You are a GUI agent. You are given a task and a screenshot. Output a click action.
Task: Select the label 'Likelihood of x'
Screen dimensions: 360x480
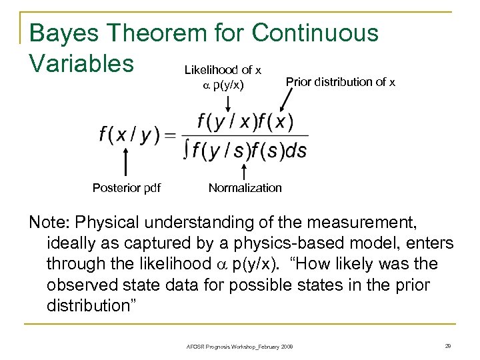pyautogui.click(x=223, y=69)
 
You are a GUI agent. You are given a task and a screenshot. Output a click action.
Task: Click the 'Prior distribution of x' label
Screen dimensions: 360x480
pyautogui.click(x=340, y=81)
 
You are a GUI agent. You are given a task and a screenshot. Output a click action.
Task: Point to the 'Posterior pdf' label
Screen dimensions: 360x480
pyautogui.click(x=126, y=188)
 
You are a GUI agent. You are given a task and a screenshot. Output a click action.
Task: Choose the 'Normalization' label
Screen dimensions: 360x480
pyautogui.click(x=245, y=188)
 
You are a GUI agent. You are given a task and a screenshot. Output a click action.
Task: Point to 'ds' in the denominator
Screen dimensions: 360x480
pyautogui.click(x=295, y=151)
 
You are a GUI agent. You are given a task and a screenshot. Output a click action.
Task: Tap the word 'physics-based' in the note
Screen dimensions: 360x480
pyautogui.click(x=341, y=243)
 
